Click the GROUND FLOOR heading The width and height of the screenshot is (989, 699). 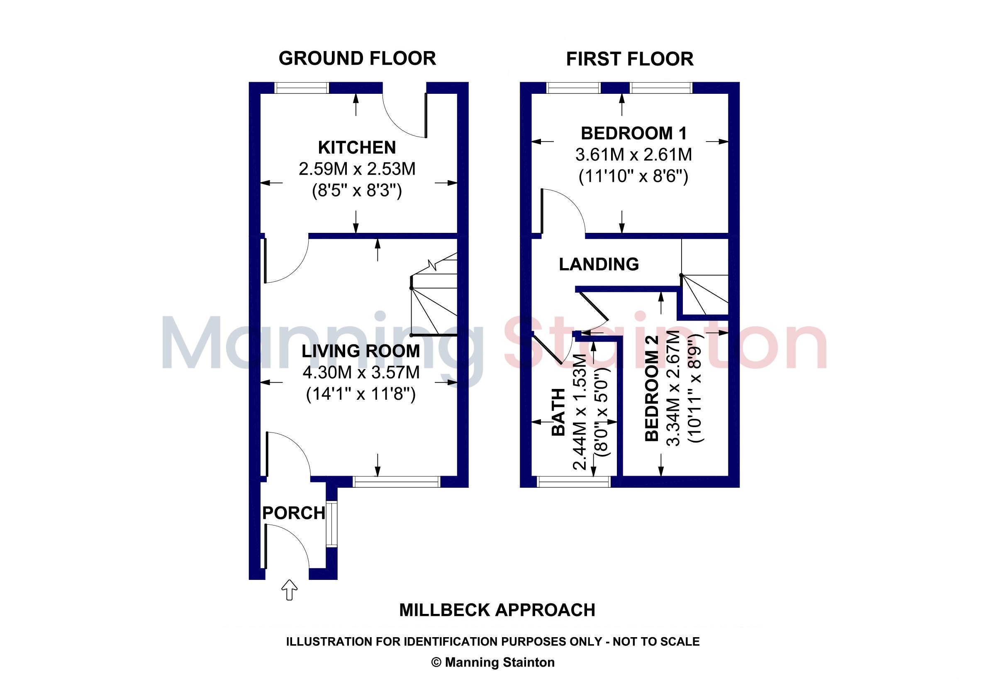coord(357,59)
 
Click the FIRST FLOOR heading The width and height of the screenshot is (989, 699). coord(630,59)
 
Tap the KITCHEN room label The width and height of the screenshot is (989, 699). coord(357,148)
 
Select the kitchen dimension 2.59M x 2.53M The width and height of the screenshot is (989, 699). coord(357,169)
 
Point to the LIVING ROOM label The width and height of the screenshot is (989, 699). coord(361,351)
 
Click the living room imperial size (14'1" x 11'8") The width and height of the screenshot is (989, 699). coord(361,394)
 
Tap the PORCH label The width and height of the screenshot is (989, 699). coord(294,513)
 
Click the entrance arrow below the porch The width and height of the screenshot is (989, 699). coord(290,590)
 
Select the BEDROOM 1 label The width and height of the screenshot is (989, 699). coord(633,133)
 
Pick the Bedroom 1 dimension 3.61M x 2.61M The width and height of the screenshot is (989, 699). coord(633,155)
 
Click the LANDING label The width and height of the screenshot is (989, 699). coord(599,264)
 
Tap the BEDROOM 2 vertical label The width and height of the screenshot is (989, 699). coord(652,388)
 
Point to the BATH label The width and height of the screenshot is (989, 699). coord(559,412)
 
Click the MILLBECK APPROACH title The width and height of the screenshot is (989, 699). coord(497,610)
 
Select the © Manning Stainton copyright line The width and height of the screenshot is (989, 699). coord(493,662)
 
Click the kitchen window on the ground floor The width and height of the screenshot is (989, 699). coord(302,88)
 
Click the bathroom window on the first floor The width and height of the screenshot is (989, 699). coord(574,482)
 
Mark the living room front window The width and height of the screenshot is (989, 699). coord(397,482)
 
